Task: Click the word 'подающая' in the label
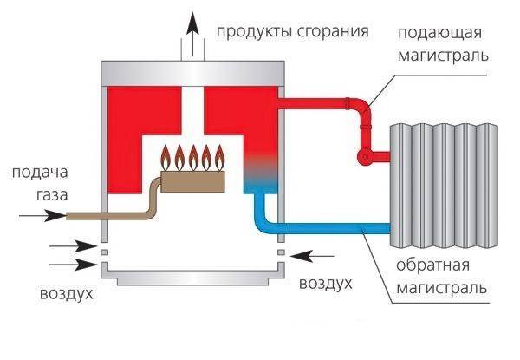click(440, 33)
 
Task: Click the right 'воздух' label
click(325, 284)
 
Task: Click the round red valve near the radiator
click(364, 157)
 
